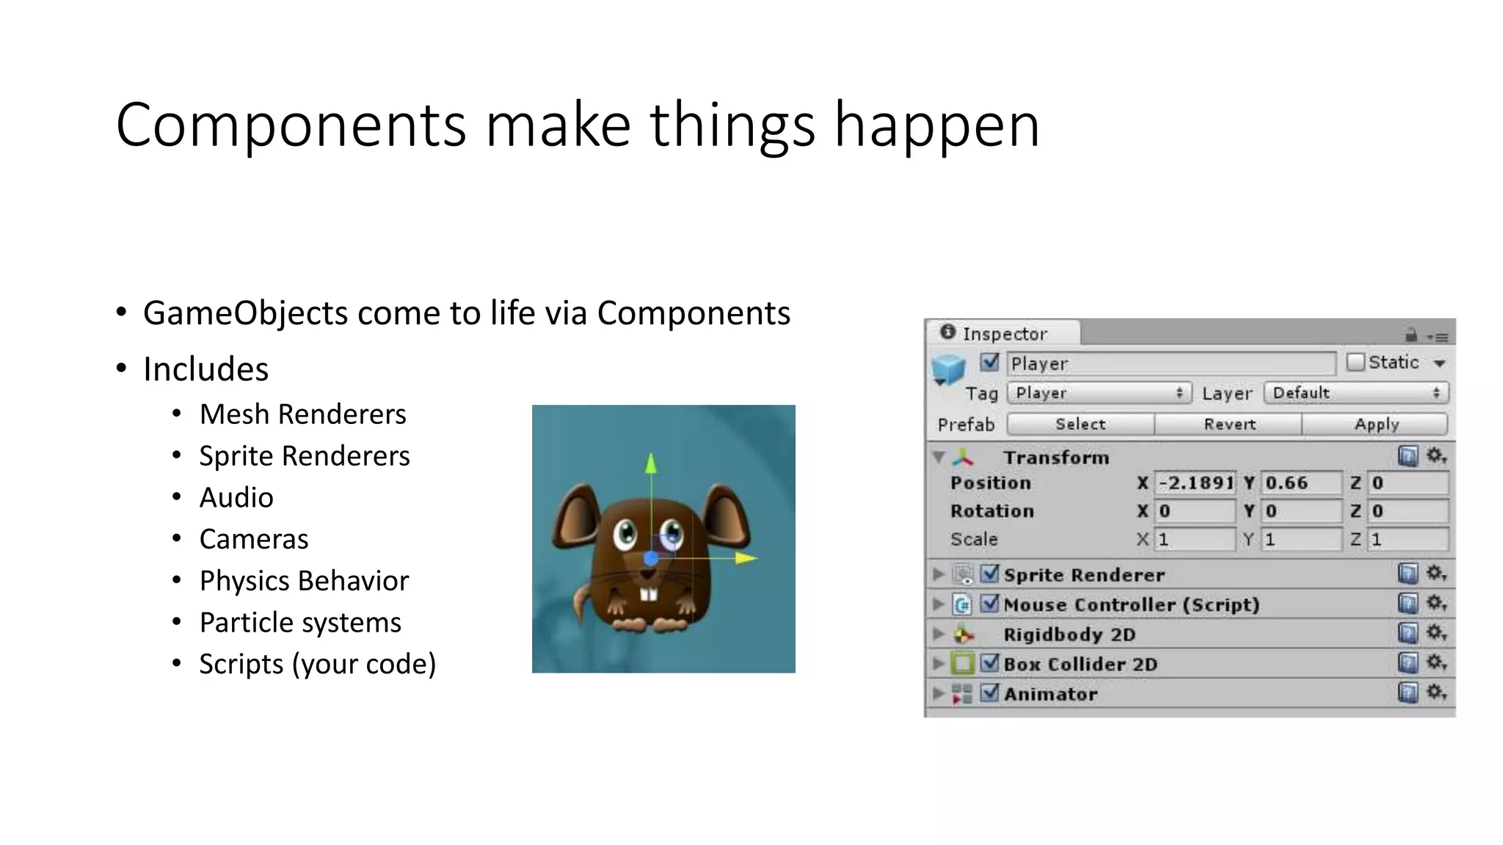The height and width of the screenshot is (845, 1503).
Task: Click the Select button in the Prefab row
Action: (x=1080, y=424)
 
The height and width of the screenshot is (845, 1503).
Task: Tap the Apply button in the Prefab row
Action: (x=1376, y=424)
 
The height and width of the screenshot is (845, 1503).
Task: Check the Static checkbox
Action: (x=1355, y=362)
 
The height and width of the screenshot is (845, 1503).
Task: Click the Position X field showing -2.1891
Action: (x=1195, y=483)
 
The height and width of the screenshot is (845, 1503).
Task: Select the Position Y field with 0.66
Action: (x=1300, y=483)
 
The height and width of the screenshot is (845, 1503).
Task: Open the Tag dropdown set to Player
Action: (x=1099, y=392)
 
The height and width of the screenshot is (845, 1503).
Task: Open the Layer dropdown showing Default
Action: (x=1355, y=392)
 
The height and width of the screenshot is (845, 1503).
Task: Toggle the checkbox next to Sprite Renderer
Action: (x=990, y=573)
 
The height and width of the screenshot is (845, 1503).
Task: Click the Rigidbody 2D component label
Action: (x=1069, y=634)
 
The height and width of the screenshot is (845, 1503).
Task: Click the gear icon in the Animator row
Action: (x=1435, y=692)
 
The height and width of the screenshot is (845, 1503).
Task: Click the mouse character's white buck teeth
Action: (x=648, y=593)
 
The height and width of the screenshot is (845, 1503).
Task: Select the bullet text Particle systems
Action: (x=300, y=623)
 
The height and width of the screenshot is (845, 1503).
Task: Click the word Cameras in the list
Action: (x=254, y=539)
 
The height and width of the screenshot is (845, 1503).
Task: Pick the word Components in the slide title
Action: (x=291, y=125)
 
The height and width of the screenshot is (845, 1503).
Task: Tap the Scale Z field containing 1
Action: (x=1408, y=539)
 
